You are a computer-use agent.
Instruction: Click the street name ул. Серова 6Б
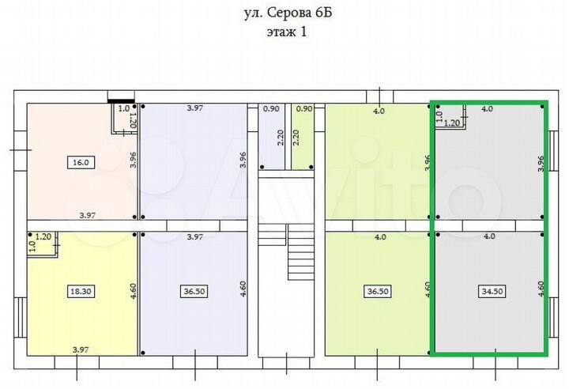pos(285,13)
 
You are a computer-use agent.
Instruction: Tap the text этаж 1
pos(285,32)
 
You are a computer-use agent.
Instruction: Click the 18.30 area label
pos(81,292)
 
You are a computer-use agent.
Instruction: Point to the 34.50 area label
pos(492,292)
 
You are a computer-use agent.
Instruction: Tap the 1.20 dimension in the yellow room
pos(43,236)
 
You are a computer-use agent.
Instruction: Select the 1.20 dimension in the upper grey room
pos(452,123)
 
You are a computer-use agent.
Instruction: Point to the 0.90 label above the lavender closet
pos(270,109)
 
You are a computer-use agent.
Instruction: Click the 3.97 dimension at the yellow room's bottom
pos(80,349)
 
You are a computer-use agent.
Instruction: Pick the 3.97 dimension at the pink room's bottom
pos(87,214)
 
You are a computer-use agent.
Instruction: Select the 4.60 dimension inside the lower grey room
pos(541,288)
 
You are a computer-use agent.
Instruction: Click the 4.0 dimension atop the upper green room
pos(379,111)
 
